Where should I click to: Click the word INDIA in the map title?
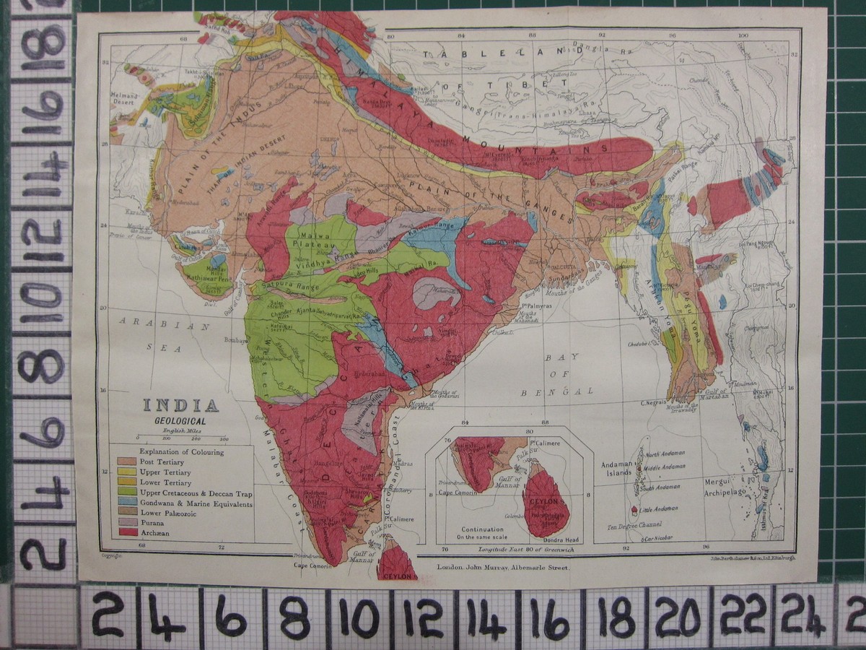click(181, 406)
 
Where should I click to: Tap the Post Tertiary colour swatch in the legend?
click(128, 461)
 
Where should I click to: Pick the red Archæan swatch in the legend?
click(128, 532)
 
